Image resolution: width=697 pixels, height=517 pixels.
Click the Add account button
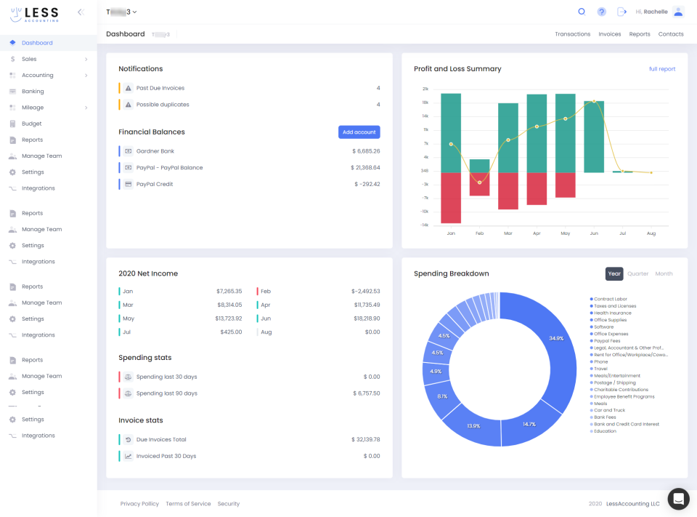click(x=359, y=132)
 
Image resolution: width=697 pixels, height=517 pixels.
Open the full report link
click(x=661, y=69)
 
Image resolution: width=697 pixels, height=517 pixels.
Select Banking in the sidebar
click(x=33, y=92)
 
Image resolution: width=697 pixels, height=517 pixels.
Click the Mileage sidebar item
click(x=33, y=108)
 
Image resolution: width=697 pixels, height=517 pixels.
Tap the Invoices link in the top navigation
click(x=609, y=34)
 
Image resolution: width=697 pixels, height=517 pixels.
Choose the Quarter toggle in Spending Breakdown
click(x=638, y=274)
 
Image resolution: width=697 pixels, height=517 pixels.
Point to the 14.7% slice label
click(x=529, y=424)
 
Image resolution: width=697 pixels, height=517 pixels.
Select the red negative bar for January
click(x=451, y=198)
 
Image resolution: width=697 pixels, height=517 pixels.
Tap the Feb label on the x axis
click(x=479, y=233)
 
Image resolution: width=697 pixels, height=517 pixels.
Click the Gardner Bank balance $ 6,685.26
click(x=366, y=151)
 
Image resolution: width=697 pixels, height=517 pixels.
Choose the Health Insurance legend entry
click(x=612, y=313)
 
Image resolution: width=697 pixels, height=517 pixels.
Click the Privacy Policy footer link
click(x=139, y=504)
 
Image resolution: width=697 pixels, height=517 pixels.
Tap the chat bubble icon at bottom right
click(x=678, y=499)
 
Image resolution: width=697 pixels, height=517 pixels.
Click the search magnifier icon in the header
click(x=582, y=12)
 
